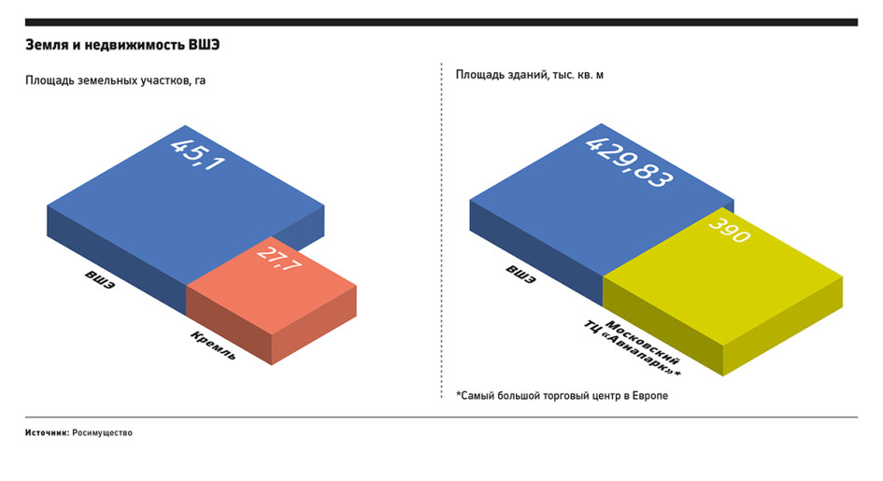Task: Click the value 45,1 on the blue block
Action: tap(198, 154)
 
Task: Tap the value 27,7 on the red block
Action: tap(278, 259)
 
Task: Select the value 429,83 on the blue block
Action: tap(629, 162)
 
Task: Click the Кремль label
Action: tap(213, 346)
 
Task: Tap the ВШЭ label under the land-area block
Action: tap(100, 279)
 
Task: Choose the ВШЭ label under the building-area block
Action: tap(520, 274)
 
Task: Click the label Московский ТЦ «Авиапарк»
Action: tap(633, 348)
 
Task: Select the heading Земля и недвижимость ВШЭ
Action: tap(122, 45)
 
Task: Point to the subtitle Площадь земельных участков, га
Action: tap(116, 80)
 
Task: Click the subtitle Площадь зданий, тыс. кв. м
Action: tap(530, 75)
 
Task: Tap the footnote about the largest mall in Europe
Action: tap(562, 395)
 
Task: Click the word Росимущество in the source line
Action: tap(102, 432)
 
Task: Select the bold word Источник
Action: tap(48, 432)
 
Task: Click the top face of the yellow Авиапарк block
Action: tap(723, 276)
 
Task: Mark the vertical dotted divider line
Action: tap(441, 231)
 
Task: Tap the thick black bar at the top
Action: tap(441, 22)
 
